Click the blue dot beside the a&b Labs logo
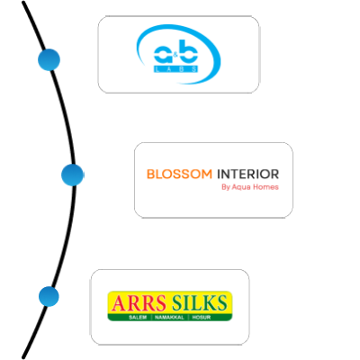click(x=49, y=59)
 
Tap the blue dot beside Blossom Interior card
click(x=73, y=175)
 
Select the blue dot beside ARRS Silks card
click(x=49, y=296)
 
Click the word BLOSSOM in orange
click(x=179, y=174)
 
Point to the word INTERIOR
click(x=247, y=174)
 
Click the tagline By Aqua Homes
click(x=250, y=187)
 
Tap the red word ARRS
click(x=139, y=303)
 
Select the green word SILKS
click(x=200, y=303)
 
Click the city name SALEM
click(x=138, y=318)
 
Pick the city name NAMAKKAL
click(x=169, y=318)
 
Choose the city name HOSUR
click(x=202, y=318)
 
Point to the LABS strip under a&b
click(x=175, y=69)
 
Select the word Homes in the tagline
click(x=265, y=187)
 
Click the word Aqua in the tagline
click(x=241, y=187)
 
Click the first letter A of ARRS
click(x=118, y=303)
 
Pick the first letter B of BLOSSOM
click(x=150, y=174)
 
